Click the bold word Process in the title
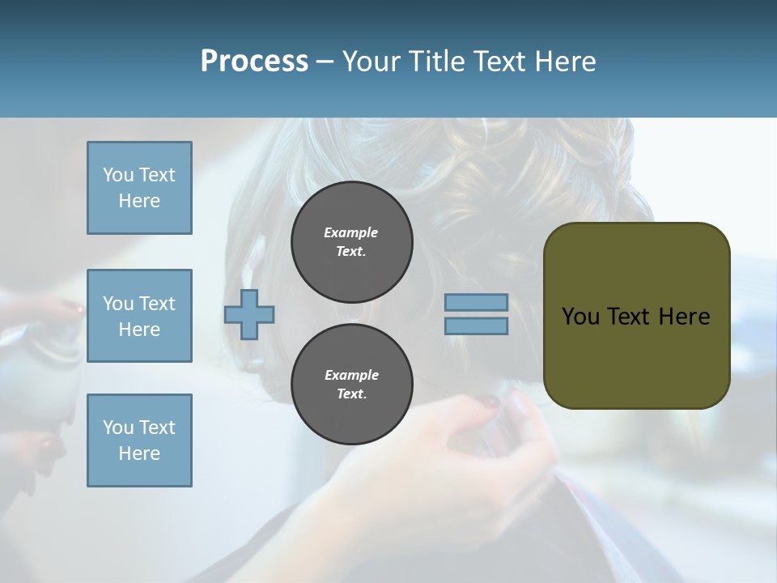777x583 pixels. pyautogui.click(x=254, y=62)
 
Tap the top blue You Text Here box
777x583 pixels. pyautogui.click(x=139, y=188)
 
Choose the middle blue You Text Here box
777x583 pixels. pyautogui.click(x=139, y=316)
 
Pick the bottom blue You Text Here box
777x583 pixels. pyautogui.click(x=139, y=440)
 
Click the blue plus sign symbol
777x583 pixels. pyautogui.click(x=249, y=314)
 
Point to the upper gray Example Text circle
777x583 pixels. pyautogui.click(x=351, y=241)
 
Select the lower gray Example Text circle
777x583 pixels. pyautogui.click(x=351, y=384)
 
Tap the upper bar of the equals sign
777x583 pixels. pyautogui.click(x=476, y=303)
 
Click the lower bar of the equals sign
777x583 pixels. pyautogui.click(x=476, y=326)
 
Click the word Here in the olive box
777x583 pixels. pyautogui.click(x=685, y=317)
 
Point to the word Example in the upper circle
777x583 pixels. pyautogui.click(x=350, y=232)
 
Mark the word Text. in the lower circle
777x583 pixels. pyautogui.click(x=351, y=394)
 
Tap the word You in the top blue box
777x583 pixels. pyautogui.click(x=118, y=175)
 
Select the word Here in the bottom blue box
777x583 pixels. pyautogui.click(x=139, y=453)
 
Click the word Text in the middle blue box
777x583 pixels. pyautogui.click(x=157, y=304)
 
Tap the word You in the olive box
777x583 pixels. pyautogui.click(x=580, y=317)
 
